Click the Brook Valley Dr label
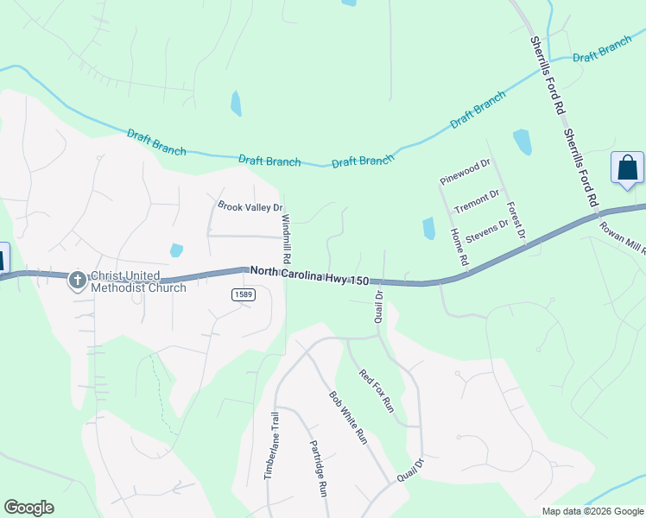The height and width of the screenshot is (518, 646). [250, 207]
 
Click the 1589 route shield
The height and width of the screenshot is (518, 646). [243, 295]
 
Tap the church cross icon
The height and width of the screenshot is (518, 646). [77, 279]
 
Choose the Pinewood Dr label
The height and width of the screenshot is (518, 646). [465, 172]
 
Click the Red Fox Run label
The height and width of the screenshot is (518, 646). [377, 390]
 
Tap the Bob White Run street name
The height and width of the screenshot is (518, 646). [349, 418]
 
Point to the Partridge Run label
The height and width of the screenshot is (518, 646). [318, 467]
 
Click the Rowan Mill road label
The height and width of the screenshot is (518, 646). [624, 235]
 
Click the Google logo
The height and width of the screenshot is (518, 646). [28, 508]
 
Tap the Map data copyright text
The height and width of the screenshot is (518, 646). [592, 511]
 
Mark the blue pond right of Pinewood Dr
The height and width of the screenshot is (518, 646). [522, 142]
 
